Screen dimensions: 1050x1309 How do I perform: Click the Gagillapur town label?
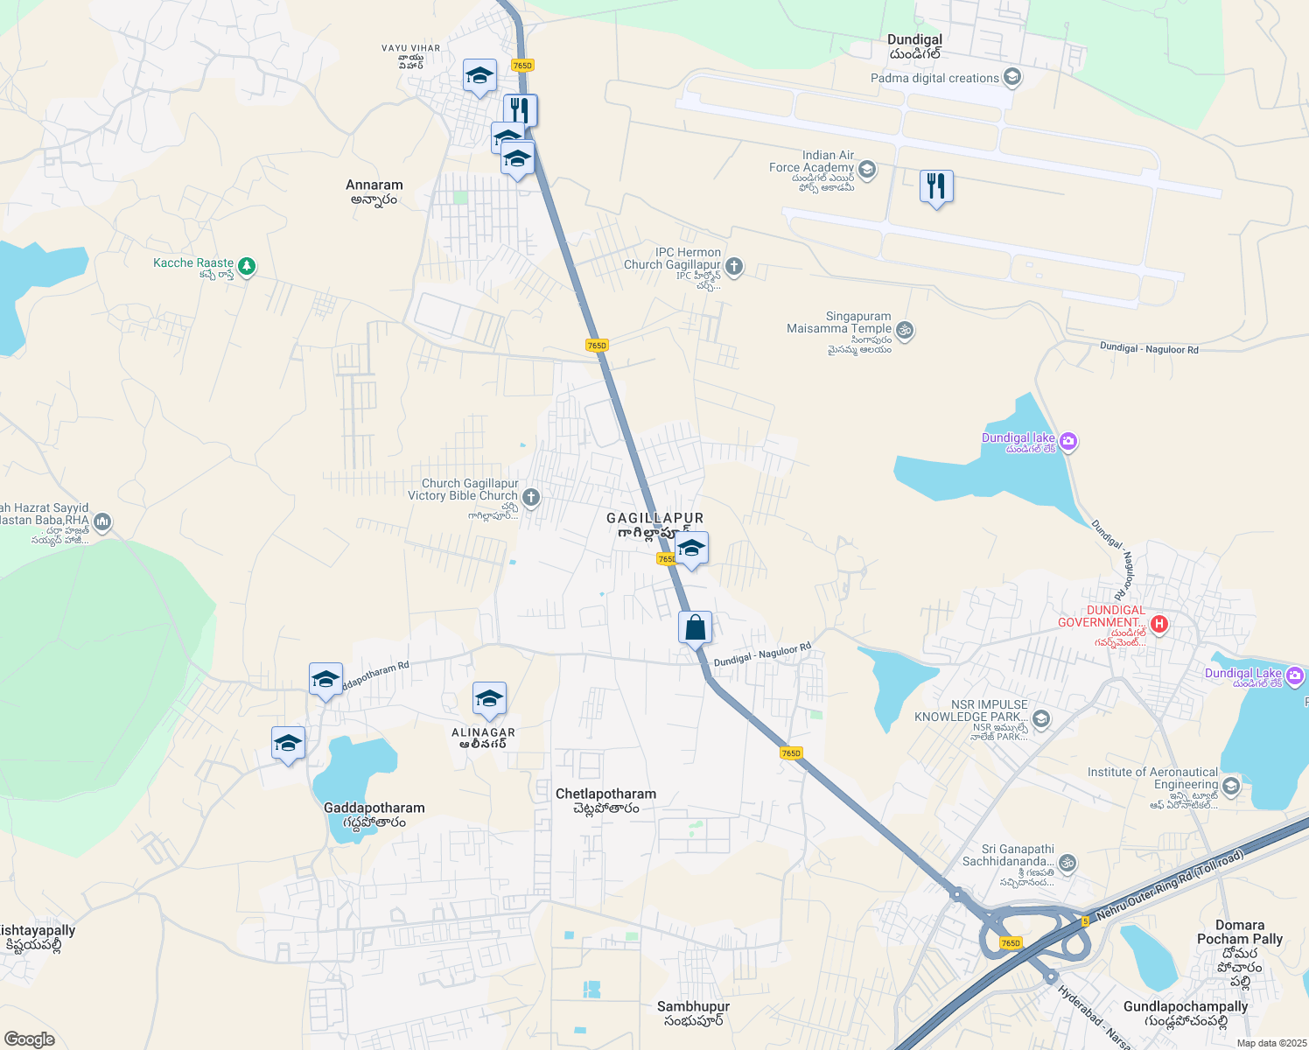coord(654,519)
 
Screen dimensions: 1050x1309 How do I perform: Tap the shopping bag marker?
coord(695,627)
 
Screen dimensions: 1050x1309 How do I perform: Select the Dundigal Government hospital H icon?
coord(1159,624)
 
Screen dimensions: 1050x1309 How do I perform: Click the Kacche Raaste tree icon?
coord(247,265)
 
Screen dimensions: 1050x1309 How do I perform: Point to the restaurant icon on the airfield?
coord(936,186)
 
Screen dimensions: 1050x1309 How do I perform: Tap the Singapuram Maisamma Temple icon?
coord(906,331)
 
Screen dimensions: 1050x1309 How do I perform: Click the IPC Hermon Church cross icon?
coord(734,266)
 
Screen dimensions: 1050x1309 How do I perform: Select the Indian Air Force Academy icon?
coord(867,169)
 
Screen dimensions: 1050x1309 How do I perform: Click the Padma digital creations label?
coord(934,78)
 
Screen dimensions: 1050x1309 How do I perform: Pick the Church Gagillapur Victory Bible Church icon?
coord(531,498)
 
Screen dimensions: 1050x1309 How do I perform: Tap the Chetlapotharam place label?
coord(605,794)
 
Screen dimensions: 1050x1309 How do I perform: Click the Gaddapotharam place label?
coord(374,808)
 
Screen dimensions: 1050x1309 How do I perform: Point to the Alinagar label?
coord(483,733)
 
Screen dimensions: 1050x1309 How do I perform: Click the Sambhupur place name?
coord(693,1007)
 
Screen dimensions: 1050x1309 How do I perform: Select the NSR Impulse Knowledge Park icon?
coord(1041,719)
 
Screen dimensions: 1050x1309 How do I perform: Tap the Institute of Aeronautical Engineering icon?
coord(1231,786)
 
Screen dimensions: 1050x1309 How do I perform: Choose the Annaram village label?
coord(374,185)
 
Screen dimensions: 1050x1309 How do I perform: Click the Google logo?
coord(29,1039)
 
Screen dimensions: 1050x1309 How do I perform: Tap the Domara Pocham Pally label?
coord(1240,933)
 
